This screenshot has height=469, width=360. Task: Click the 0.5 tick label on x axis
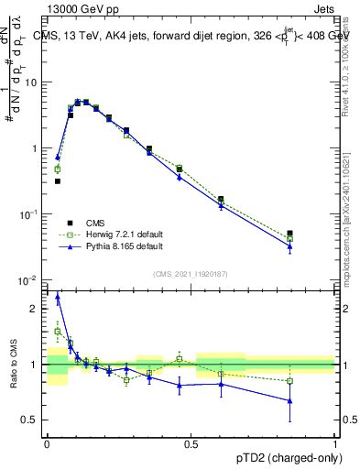point(191,442)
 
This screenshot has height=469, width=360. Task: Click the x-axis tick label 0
point(48,442)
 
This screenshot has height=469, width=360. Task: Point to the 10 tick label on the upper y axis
point(34,82)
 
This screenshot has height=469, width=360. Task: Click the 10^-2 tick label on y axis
point(30,280)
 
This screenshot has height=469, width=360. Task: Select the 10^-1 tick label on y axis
point(30,214)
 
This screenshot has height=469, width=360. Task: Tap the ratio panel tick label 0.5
point(32,420)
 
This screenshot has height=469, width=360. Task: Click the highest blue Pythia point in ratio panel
point(58,296)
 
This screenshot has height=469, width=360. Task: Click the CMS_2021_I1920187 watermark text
point(190,273)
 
